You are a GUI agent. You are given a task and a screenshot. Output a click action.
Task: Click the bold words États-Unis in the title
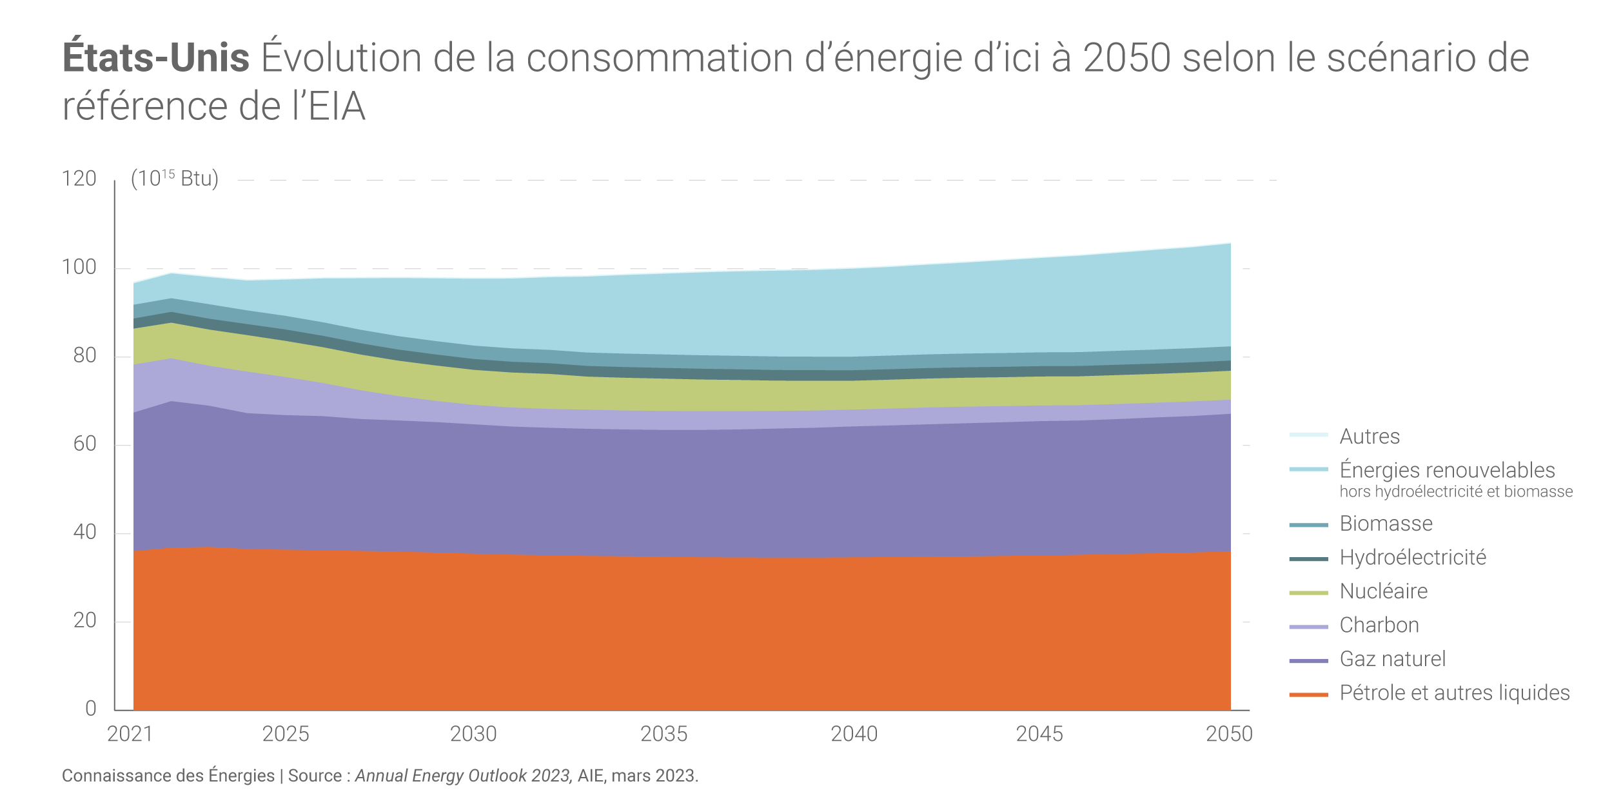tap(155, 58)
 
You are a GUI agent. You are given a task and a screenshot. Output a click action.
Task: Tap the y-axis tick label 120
tap(79, 179)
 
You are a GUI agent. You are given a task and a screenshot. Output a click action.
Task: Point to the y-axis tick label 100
tap(79, 267)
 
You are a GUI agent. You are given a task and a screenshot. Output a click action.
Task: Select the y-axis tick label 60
tap(84, 444)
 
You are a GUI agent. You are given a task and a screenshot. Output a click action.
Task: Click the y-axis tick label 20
tap(84, 620)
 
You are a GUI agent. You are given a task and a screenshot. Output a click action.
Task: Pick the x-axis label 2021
tap(130, 734)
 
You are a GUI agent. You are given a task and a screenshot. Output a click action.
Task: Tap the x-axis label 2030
tap(473, 734)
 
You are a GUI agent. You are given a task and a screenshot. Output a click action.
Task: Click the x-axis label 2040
tap(854, 734)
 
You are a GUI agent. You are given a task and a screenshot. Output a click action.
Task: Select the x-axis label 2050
tap(1229, 734)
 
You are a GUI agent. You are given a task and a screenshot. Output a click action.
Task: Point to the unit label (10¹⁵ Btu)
tap(175, 179)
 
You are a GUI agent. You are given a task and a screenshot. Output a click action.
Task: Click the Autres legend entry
tap(1370, 437)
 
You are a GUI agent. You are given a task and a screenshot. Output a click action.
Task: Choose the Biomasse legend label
tap(1386, 524)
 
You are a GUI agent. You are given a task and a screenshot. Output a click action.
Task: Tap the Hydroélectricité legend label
tap(1413, 557)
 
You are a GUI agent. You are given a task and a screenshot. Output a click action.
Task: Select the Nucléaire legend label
tap(1384, 591)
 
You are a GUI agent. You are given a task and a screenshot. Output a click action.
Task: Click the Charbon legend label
tap(1379, 625)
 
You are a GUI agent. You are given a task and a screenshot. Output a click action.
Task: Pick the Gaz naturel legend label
tap(1393, 659)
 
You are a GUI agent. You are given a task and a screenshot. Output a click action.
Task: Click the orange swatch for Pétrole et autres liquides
tap(1308, 694)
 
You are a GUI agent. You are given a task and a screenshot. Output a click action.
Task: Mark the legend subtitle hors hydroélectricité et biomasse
tap(1456, 492)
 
